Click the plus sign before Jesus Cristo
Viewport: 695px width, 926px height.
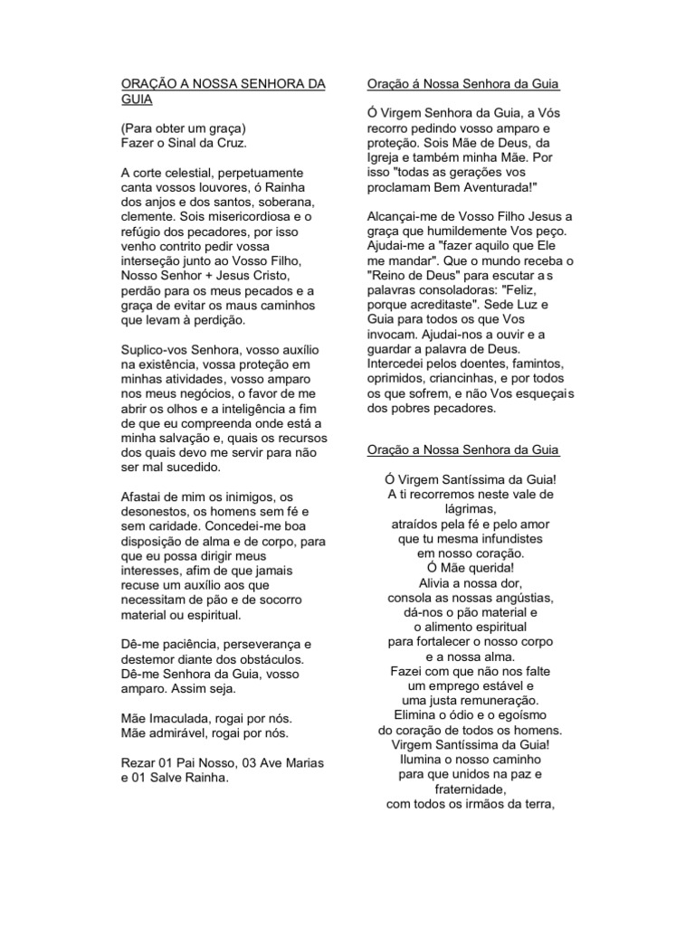click(x=217, y=276)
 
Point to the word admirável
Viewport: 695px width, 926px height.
click(x=184, y=732)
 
